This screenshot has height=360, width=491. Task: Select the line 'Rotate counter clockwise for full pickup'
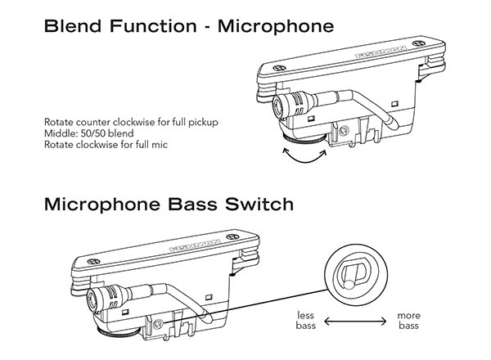pos(119,121)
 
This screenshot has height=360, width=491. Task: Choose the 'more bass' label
pos(409,320)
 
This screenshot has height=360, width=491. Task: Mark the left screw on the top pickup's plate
pos(282,70)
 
